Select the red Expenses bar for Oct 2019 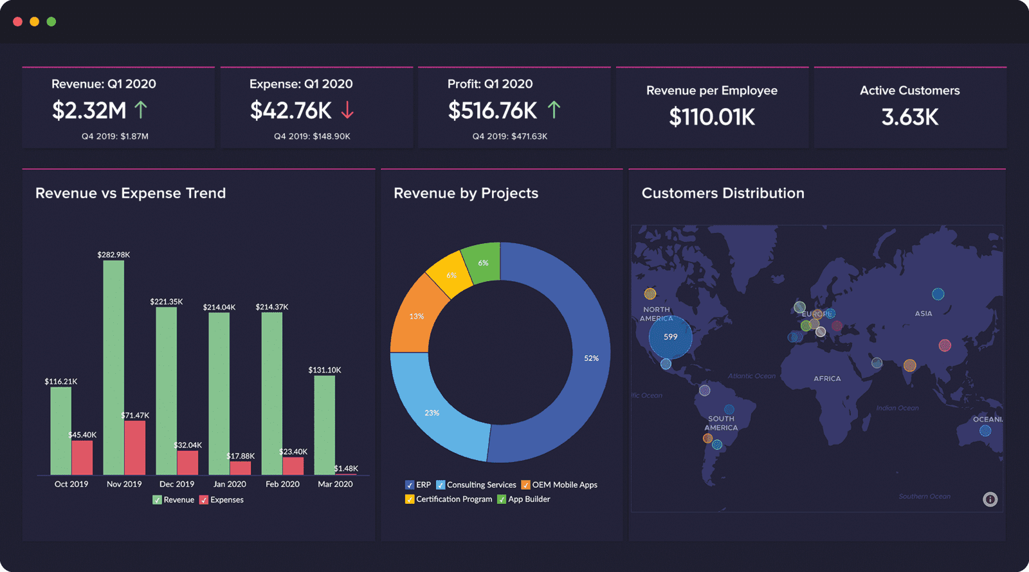coord(82,457)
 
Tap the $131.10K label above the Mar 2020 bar coord(325,370)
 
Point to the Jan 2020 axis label coord(230,484)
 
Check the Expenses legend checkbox coord(204,500)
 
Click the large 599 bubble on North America coord(671,337)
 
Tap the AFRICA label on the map coord(827,378)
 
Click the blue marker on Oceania coord(985,431)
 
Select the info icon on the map coord(990,499)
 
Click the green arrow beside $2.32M coord(141,110)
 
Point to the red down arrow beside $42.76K coord(347,110)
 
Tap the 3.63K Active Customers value coord(909,117)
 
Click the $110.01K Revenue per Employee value coord(712,117)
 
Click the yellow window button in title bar coord(35,22)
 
